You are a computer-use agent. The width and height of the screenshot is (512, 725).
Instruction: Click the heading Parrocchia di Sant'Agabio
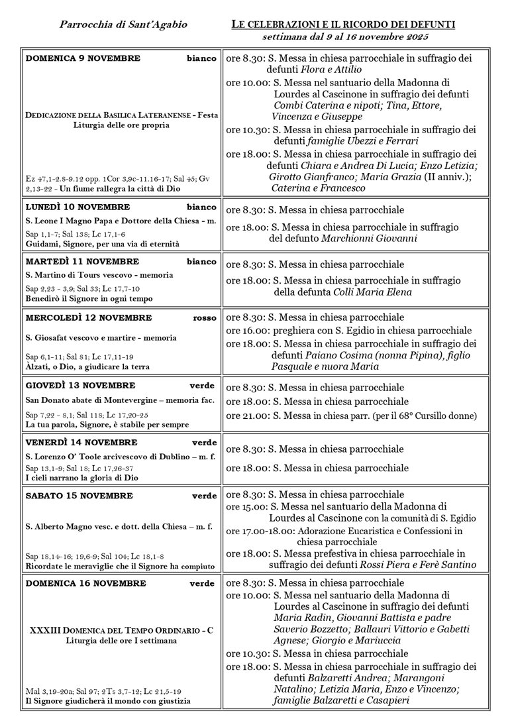123,25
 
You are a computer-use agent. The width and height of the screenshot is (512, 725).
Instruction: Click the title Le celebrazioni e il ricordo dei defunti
343,25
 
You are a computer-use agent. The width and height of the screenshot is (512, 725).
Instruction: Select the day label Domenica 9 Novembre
83,58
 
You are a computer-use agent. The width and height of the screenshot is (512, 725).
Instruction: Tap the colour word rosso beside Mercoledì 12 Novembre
205,317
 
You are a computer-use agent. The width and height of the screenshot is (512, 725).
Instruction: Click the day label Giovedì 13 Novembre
80,386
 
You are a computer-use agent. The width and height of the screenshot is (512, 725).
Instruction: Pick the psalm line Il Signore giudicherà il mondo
108,700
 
